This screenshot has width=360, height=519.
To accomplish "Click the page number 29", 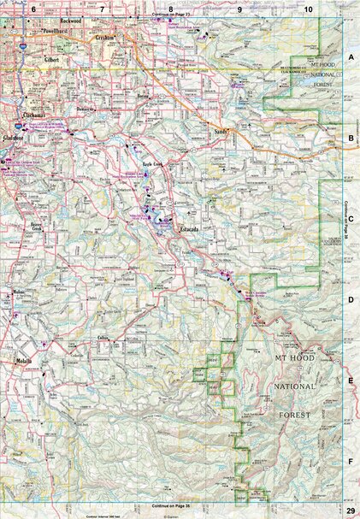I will (x=350, y=510).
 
